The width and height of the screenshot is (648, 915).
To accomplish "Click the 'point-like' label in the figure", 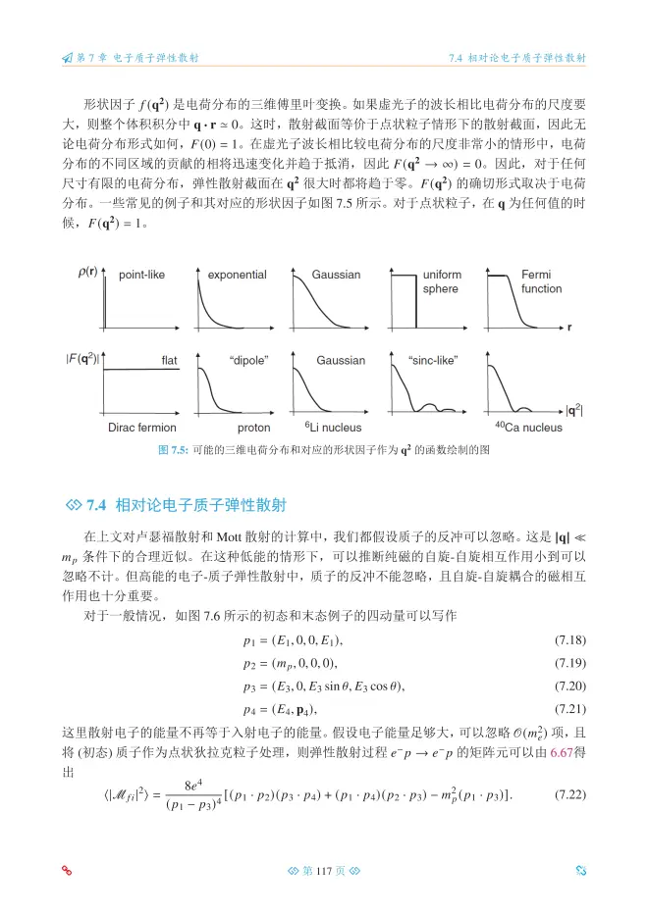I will [142, 275].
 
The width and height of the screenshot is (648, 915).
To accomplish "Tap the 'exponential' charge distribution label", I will [238, 275].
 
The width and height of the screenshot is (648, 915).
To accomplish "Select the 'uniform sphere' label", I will [441, 281].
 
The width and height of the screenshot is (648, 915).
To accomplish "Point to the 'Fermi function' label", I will [541, 281].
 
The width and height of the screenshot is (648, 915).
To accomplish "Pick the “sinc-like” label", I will [432, 360].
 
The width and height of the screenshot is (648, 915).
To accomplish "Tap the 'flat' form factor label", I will [169, 360].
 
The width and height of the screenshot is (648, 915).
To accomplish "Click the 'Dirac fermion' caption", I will [142, 428].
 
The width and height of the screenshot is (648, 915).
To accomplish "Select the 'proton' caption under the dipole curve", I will [253, 428].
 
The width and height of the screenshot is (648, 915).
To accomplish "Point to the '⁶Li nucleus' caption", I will [333, 428].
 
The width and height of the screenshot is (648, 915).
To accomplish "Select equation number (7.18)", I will [570, 640].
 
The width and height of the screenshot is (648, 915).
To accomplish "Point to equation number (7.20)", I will [570, 685].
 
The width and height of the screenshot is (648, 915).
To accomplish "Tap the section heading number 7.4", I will [97, 506].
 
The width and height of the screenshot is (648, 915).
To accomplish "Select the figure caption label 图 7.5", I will [174, 450].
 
